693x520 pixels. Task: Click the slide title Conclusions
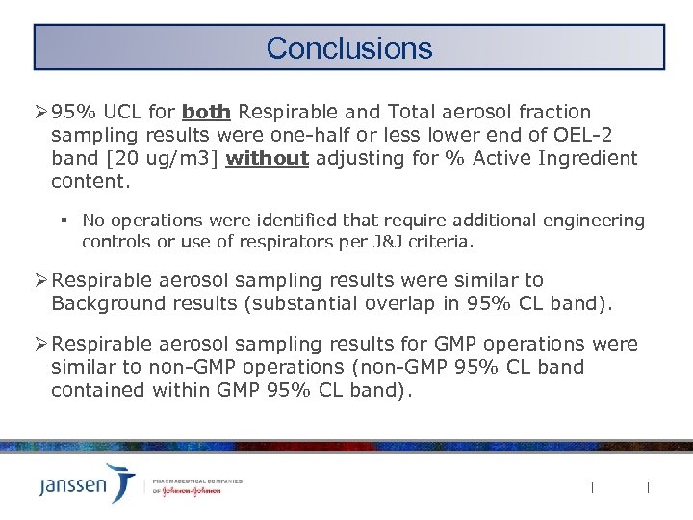[x=348, y=47]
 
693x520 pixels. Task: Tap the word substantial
[x=310, y=303]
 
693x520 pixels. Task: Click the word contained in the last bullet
[x=96, y=390]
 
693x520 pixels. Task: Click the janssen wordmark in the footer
[x=73, y=485]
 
